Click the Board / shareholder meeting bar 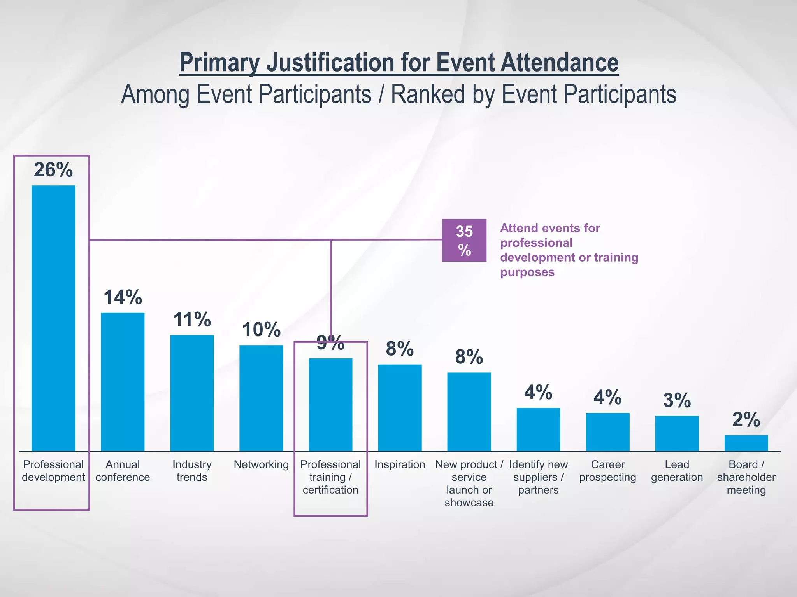pyautogui.click(x=746, y=443)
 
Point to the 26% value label pyautogui.click(x=53, y=170)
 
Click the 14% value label pyautogui.click(x=123, y=297)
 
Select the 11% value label pyautogui.click(x=192, y=319)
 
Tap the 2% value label pyautogui.click(x=746, y=420)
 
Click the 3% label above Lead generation pyautogui.click(x=677, y=400)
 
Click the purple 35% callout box pyautogui.click(x=464, y=240)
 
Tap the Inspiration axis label pyautogui.click(x=400, y=464)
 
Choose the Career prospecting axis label pyautogui.click(x=607, y=471)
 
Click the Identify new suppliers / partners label pyautogui.click(x=538, y=477)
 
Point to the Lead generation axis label pyautogui.click(x=677, y=471)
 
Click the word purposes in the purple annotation pyautogui.click(x=527, y=272)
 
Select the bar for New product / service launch pyautogui.click(x=469, y=412)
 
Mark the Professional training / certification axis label pyautogui.click(x=330, y=477)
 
